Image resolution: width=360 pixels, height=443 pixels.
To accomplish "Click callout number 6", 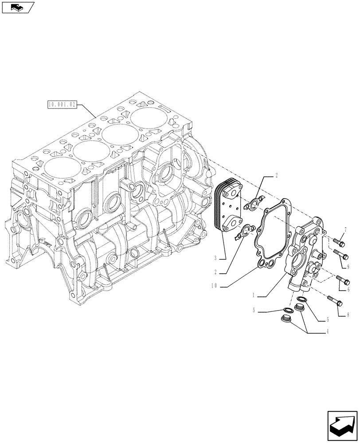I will click(348, 289).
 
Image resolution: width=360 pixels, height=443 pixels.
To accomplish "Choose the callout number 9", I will click(348, 267).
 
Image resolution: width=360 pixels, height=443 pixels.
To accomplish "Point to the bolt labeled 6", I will click(343, 280).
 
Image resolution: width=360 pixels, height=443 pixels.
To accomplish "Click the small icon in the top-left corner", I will click(17, 7).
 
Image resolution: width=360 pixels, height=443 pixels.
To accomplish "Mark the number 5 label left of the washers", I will click(254, 311).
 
